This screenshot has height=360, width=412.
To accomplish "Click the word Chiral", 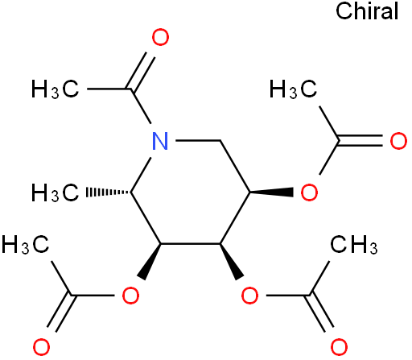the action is tap(367, 11).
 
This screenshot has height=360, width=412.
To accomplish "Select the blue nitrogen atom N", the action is tap(160, 141).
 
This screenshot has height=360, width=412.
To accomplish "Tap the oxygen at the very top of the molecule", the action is tap(160, 37).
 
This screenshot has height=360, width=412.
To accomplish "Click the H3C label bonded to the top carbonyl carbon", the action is tap(56, 89).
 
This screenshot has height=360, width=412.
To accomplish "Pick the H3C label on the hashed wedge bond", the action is tap(56, 192).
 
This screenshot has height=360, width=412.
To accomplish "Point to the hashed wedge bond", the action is tap(109, 192).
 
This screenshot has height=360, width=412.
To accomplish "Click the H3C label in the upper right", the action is tap(293, 89).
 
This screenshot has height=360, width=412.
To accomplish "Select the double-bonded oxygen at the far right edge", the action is tap(398, 141).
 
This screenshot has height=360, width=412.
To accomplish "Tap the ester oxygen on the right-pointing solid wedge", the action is tap(309, 192).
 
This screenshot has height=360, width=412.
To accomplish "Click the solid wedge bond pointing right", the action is tap(271, 192).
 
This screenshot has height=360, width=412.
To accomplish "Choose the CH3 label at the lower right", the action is tap(354, 244).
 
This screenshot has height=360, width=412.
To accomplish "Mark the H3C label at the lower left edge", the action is tap(26, 244).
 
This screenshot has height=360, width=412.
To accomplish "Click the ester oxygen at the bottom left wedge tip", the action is tap(130, 296).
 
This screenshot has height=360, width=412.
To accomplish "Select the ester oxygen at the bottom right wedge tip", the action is tap(249, 296).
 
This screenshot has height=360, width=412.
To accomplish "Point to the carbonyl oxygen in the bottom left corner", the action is tap(41, 347).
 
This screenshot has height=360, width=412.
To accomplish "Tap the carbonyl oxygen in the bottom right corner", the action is tap(339, 347).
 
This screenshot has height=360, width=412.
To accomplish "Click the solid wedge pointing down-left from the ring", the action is tap(150, 261).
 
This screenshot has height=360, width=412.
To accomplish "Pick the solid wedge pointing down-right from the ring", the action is tap(231, 261).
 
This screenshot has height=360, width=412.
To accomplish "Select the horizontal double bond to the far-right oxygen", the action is tap(360, 140).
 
